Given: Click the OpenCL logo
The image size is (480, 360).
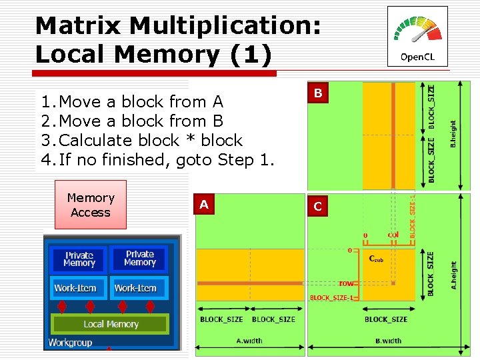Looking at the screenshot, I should [417, 37].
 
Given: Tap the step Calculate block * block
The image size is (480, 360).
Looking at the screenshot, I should [141, 141].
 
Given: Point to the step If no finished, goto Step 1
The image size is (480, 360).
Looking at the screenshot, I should [157, 160].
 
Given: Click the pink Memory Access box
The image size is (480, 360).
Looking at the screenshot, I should [90, 205].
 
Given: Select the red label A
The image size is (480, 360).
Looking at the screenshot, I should [204, 205].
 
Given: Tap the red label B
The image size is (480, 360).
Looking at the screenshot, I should [318, 93].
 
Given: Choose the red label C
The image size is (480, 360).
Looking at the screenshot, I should [318, 207].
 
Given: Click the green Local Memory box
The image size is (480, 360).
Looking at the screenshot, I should [111, 324].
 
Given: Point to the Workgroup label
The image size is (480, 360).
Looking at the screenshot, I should [70, 342].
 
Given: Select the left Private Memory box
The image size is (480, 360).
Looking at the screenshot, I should [79, 259].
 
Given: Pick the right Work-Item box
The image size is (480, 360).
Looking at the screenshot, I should [135, 288].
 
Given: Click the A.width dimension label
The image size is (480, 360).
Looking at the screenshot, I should [249, 341].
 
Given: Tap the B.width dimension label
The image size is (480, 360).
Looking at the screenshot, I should [388, 341].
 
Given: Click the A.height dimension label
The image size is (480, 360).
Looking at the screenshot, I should [454, 273].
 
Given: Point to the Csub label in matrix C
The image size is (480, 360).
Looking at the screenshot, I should [376, 259].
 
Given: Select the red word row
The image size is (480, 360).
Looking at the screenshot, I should [346, 283].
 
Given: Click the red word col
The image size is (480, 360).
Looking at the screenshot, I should [393, 235].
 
